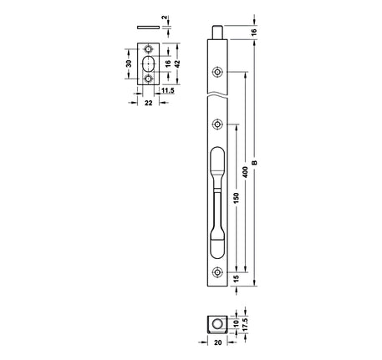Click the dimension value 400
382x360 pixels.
245,172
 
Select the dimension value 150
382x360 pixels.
236,198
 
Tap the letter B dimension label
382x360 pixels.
254,163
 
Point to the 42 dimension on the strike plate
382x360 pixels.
177,63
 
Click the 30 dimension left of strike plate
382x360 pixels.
129,63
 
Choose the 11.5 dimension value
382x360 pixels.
168,90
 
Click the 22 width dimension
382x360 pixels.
149,103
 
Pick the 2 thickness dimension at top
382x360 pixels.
165,18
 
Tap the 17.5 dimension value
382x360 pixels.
245,324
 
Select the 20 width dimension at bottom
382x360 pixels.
217,342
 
